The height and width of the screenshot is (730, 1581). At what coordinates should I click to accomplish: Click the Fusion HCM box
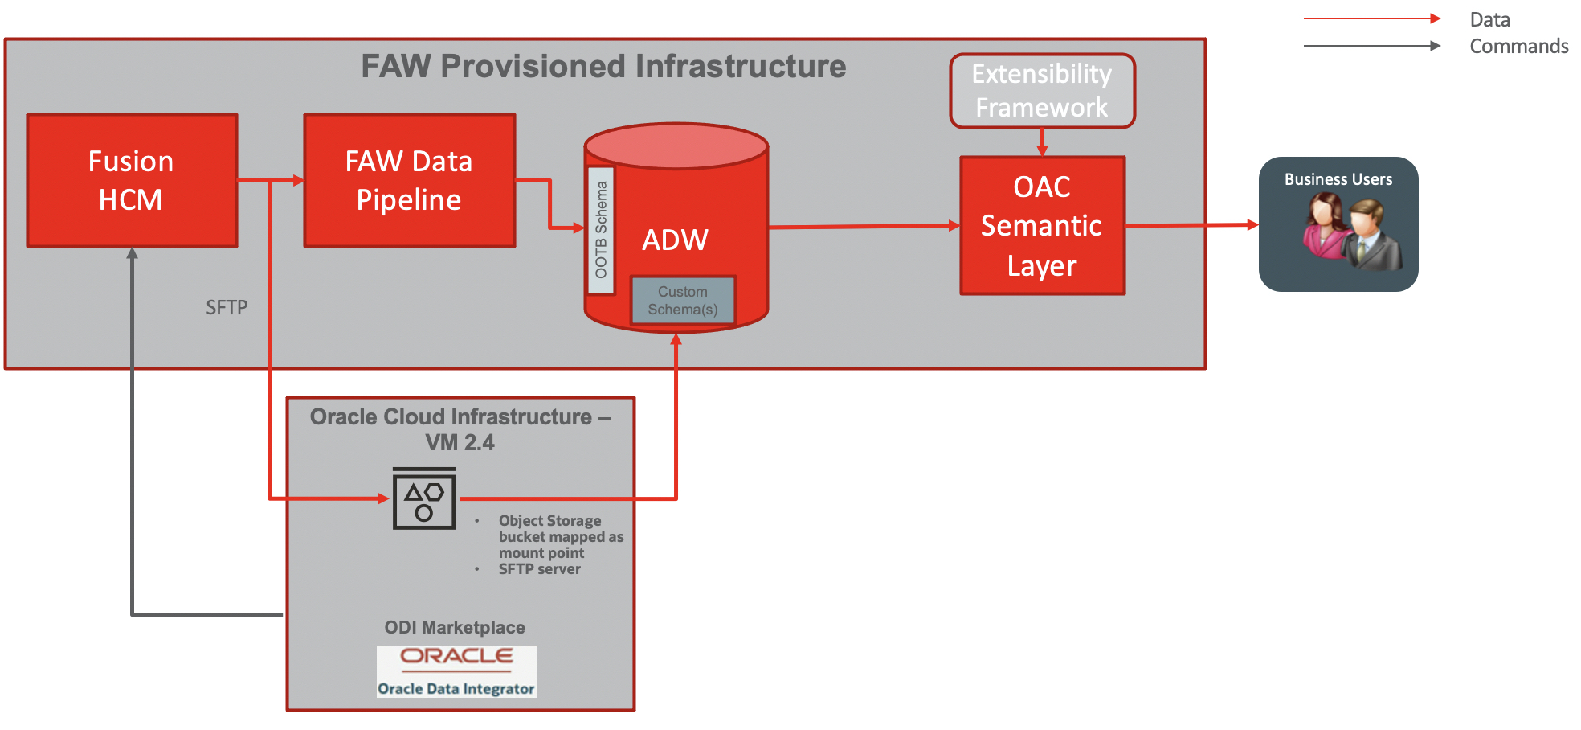click(x=132, y=180)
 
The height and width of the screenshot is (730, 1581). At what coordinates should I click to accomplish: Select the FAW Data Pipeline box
click(x=409, y=180)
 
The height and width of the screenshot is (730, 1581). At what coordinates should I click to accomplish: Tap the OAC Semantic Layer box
click(x=1042, y=226)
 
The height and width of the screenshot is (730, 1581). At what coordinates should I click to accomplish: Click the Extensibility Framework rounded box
click(x=1042, y=91)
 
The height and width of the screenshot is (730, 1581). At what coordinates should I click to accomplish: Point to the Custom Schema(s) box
click(x=683, y=301)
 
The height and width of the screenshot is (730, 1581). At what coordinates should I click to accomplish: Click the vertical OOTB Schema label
click(x=601, y=230)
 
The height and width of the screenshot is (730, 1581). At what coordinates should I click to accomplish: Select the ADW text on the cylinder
click(x=675, y=240)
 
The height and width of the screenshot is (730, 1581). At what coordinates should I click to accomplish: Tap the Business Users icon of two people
click(x=1352, y=234)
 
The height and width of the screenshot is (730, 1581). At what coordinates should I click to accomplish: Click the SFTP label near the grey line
click(x=227, y=307)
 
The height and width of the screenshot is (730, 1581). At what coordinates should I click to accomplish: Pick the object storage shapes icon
click(x=424, y=499)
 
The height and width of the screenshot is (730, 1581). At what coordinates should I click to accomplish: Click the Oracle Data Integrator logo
click(x=456, y=671)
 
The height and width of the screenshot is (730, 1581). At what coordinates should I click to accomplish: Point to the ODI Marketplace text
click(x=455, y=627)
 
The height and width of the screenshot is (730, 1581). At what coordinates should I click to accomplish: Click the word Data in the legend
click(x=1489, y=19)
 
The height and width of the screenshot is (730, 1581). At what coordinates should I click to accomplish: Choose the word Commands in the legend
click(x=1518, y=46)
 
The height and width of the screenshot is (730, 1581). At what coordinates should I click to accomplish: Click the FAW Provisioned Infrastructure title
click(x=603, y=66)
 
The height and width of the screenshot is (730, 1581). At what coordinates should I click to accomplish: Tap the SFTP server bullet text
click(x=539, y=569)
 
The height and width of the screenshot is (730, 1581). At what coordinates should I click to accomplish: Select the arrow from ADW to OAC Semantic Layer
click(x=864, y=227)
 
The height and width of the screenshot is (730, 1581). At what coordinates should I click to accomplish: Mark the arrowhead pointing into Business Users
click(x=1252, y=225)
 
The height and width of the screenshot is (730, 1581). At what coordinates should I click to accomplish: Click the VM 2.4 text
click(x=460, y=442)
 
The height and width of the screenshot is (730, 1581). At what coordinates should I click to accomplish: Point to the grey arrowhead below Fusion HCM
click(x=132, y=253)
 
